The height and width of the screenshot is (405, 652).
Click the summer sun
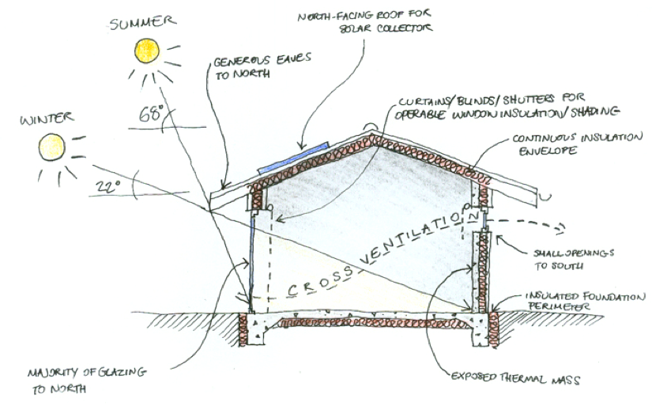point(147,51)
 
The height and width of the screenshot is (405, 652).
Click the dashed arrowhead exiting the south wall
point(560,228)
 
